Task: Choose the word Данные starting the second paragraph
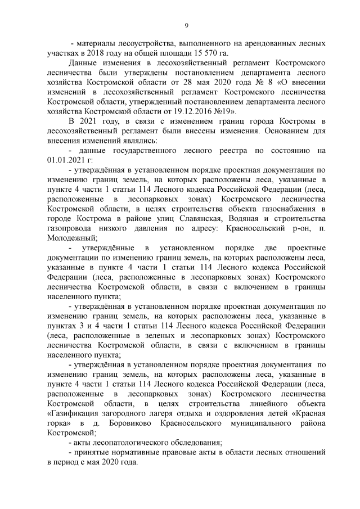83,62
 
